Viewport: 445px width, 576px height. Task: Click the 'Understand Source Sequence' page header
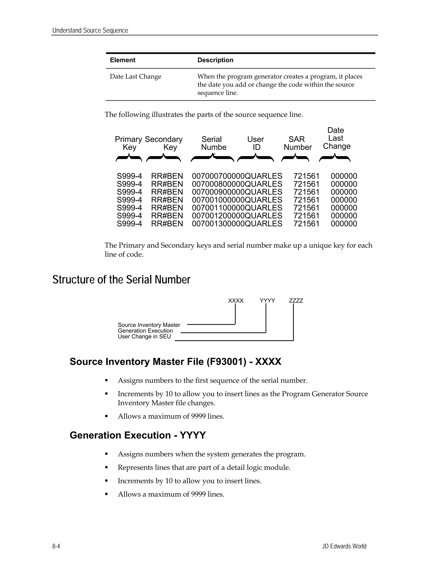tap(90, 30)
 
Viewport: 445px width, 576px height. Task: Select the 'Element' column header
tap(122, 60)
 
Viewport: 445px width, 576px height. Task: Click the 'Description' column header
tap(215, 60)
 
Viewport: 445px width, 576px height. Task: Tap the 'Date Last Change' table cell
tap(136, 77)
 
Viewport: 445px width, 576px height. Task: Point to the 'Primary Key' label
tap(129, 143)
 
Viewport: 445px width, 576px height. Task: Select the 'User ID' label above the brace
tap(256, 143)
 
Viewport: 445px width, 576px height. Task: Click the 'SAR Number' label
tap(297, 143)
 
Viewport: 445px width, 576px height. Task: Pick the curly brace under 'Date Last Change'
tap(335, 158)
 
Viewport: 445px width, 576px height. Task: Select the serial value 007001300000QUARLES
tap(237, 224)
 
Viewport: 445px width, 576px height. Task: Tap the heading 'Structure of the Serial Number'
tap(121, 280)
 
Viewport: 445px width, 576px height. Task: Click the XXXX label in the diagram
tap(236, 301)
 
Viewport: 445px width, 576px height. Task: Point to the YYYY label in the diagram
tap(267, 301)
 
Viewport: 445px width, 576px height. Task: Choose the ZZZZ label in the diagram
tap(296, 301)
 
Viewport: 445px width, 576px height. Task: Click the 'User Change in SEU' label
tap(144, 336)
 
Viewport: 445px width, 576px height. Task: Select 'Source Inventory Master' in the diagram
tap(149, 325)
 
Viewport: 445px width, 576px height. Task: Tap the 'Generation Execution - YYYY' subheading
tap(138, 435)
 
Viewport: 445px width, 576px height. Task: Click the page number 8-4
tap(56, 546)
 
